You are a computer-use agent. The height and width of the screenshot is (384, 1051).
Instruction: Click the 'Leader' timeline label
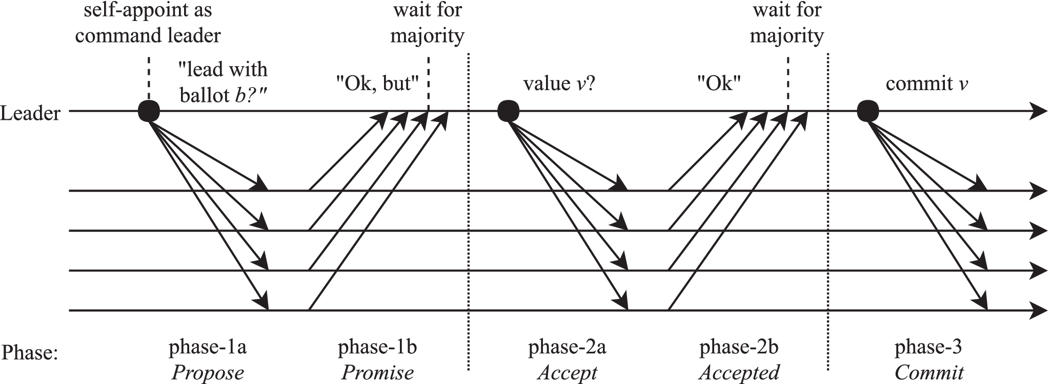31,113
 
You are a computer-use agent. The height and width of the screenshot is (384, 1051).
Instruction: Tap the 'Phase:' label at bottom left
30,353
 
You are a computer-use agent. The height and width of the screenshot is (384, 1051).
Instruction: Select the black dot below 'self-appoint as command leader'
149,111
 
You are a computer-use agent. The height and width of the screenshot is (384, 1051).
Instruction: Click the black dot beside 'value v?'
509,111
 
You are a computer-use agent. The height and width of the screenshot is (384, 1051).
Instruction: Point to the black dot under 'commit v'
868,111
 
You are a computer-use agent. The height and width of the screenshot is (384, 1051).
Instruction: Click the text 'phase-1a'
208,347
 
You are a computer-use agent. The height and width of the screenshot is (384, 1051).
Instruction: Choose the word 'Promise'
377,372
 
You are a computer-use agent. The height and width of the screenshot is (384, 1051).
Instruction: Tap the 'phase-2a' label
567,347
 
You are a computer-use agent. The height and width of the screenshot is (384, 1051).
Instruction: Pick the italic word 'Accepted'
739,372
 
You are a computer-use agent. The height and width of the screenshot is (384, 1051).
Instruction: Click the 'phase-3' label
928,347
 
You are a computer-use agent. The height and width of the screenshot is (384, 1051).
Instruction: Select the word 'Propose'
208,372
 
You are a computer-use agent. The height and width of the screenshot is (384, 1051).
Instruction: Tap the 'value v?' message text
559,83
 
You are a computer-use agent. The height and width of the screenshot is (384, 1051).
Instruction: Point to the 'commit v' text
927,83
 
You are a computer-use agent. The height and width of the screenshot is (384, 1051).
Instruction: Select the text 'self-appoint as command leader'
148,23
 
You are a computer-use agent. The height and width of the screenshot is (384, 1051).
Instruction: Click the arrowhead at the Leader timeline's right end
1038,111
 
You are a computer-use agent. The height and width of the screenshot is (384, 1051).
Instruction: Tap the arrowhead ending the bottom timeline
1038,310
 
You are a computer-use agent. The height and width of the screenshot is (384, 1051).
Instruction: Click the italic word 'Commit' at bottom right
929,372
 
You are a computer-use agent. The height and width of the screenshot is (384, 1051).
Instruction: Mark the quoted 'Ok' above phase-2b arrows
719,83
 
